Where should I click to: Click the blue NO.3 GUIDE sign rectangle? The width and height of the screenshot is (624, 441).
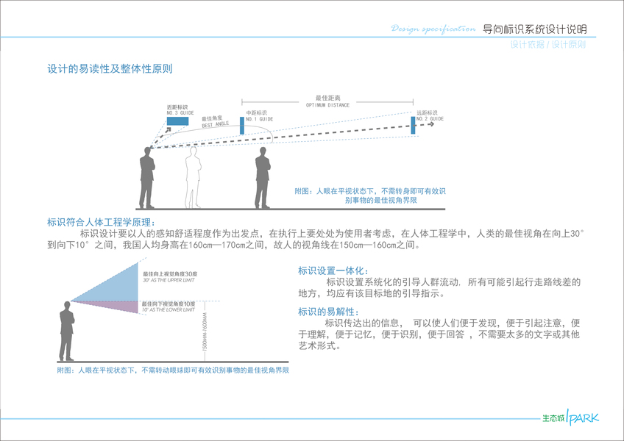tap(177, 121)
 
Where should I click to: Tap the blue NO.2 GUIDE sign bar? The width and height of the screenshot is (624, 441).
tap(414, 125)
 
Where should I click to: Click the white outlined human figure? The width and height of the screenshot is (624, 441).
tap(194, 176)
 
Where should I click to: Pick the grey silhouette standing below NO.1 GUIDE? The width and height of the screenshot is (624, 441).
tap(261, 180)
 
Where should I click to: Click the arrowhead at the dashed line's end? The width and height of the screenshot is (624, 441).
tap(433, 124)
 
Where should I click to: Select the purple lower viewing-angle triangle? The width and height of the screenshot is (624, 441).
tap(118, 305)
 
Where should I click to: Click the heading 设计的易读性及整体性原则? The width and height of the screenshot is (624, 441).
tap(110, 69)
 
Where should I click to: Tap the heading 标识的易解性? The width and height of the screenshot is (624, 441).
tap(323, 312)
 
